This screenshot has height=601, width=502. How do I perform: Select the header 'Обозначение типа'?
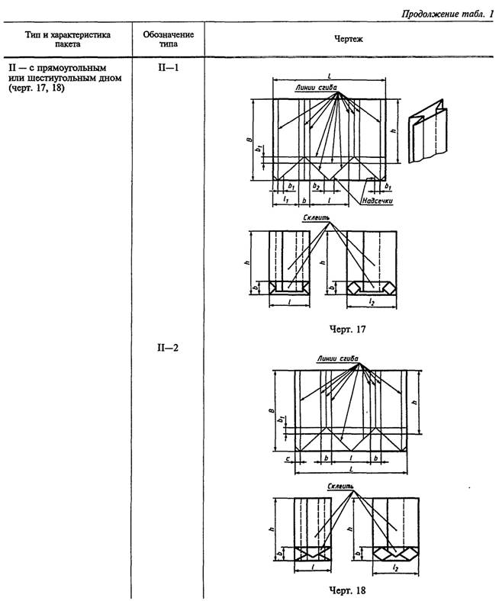click(168, 39)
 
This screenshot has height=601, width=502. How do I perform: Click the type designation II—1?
click(168, 68)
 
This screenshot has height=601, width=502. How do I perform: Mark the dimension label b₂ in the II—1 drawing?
click(316, 185)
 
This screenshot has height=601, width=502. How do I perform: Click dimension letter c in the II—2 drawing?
click(286, 460)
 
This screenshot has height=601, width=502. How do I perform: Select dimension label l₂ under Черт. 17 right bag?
click(371, 302)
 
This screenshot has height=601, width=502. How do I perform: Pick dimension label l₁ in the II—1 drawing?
click(284, 199)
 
